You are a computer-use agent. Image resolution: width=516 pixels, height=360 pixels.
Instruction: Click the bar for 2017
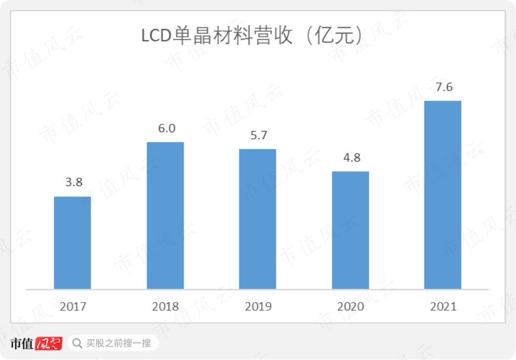click(x=72, y=242)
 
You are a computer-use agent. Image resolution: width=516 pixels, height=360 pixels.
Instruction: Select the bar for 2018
click(x=165, y=215)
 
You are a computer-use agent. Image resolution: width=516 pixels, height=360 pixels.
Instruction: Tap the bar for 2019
click(x=257, y=219)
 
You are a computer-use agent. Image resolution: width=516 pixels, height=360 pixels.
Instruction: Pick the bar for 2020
click(x=350, y=230)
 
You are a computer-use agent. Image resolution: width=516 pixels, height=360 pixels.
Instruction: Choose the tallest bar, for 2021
click(x=443, y=194)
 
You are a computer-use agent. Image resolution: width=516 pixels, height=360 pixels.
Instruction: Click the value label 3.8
click(x=73, y=182)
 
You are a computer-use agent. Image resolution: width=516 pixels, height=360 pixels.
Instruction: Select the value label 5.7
click(x=258, y=135)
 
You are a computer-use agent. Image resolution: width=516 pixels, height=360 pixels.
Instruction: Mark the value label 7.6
click(x=444, y=87)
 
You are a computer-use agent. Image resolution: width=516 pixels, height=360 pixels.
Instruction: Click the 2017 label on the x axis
click(x=73, y=307)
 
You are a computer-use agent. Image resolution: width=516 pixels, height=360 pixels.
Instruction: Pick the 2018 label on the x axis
click(x=165, y=307)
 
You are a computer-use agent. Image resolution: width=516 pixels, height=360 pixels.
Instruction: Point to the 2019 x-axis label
click(x=258, y=307)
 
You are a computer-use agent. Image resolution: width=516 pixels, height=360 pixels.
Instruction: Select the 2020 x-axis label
click(x=350, y=307)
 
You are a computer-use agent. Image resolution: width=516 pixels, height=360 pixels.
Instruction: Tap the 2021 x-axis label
click(x=443, y=307)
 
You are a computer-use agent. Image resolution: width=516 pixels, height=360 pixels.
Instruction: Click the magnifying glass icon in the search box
click(x=77, y=343)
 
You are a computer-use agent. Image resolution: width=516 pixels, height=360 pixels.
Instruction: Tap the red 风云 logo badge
click(x=49, y=343)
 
